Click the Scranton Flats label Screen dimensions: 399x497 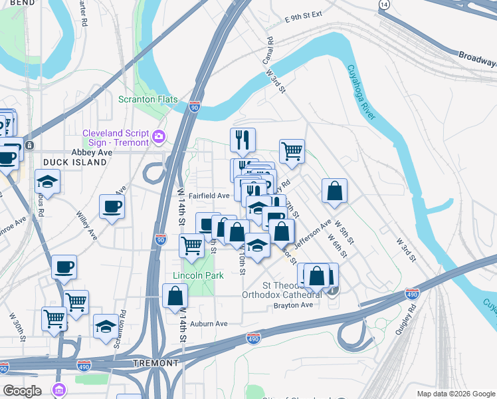coord(148,99)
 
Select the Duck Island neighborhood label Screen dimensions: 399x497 coord(74,162)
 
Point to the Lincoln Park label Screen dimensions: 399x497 coord(198,275)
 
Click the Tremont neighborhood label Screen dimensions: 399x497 coord(156,363)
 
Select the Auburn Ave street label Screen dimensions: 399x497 coord(209,324)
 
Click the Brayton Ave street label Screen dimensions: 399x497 coord(293,305)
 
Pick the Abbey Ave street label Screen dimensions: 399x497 coord(96,152)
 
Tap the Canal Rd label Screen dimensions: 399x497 coord(268,51)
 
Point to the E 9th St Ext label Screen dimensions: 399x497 coord(302,16)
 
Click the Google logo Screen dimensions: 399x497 coord(23,391)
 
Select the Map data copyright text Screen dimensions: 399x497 coord(455,394)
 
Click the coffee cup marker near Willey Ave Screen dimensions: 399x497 coord(112,206)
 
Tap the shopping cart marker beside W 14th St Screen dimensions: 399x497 coord(191,245)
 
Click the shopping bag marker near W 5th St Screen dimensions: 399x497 coord(335,191)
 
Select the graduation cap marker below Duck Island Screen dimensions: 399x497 coord(48,182)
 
